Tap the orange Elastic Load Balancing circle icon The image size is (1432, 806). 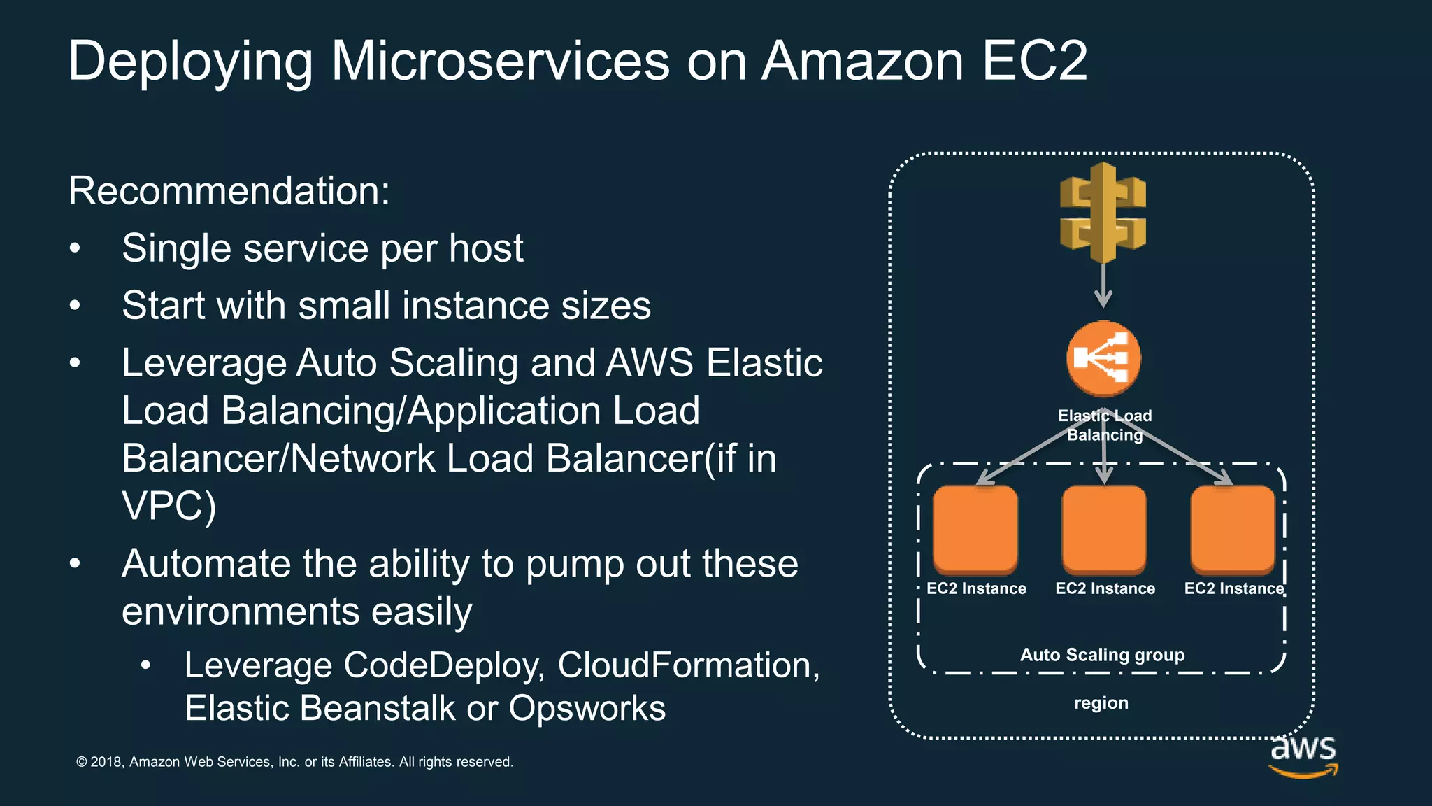pyautogui.click(x=1103, y=358)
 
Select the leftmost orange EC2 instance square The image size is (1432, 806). pyautogui.click(x=975, y=529)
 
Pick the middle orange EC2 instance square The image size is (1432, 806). pyautogui.click(x=1104, y=529)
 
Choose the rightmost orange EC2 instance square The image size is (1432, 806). pyautogui.click(x=1233, y=529)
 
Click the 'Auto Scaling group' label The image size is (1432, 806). pyautogui.click(x=1102, y=655)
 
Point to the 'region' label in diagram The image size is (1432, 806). pyautogui.click(x=1101, y=702)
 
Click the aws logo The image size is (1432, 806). pyautogui.click(x=1303, y=756)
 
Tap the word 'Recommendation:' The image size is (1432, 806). pyautogui.click(x=229, y=190)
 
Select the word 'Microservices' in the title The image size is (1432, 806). pyautogui.click(x=500, y=61)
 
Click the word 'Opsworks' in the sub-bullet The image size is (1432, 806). pyautogui.click(x=587, y=708)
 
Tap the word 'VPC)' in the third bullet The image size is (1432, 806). pyautogui.click(x=169, y=506)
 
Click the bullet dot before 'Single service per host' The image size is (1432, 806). pyautogui.click(x=76, y=249)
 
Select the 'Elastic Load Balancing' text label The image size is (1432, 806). pyautogui.click(x=1105, y=425)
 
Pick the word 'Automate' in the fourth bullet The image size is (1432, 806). pyautogui.click(x=207, y=564)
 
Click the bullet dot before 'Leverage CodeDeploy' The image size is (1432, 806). pyautogui.click(x=145, y=665)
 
